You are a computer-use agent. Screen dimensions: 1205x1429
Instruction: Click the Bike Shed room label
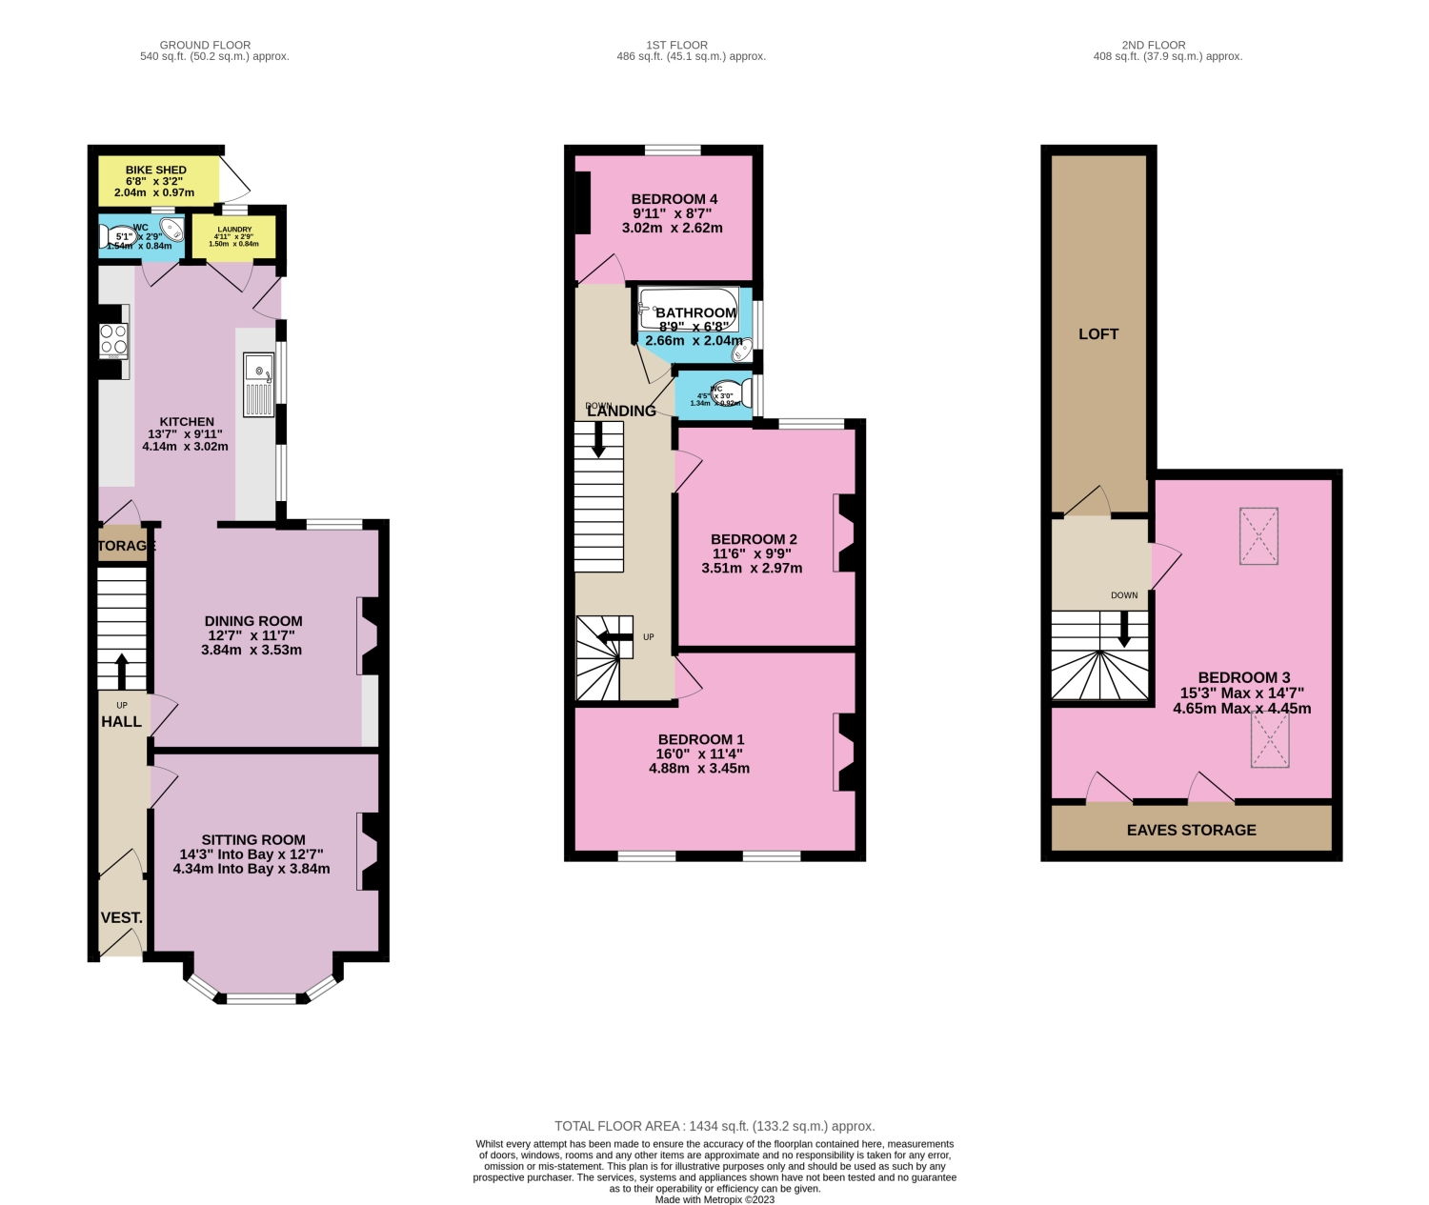156,171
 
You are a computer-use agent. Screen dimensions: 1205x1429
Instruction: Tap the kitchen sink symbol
259,385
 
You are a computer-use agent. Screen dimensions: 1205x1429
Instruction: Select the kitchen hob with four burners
113,340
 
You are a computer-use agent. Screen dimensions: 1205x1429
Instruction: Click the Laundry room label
234,230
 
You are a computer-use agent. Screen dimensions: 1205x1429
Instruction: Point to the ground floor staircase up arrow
121,670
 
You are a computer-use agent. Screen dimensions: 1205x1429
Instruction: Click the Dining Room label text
253,621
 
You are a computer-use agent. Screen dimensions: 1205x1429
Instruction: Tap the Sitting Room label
253,839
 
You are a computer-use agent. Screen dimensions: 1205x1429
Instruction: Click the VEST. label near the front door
122,917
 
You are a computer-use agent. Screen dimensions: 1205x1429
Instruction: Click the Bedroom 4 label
674,199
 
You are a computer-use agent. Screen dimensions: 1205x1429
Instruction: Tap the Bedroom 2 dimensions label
752,560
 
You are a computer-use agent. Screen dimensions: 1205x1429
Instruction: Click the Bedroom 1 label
701,739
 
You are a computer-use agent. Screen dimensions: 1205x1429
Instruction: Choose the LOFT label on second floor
1098,333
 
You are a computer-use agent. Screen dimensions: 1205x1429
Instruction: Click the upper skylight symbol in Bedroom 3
1258,536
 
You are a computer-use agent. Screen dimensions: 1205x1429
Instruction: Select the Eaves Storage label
1191,830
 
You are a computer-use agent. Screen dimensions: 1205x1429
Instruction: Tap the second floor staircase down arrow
1124,629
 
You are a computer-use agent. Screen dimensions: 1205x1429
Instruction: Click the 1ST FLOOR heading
676,45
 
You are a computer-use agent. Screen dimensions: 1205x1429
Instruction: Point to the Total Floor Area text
714,1126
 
